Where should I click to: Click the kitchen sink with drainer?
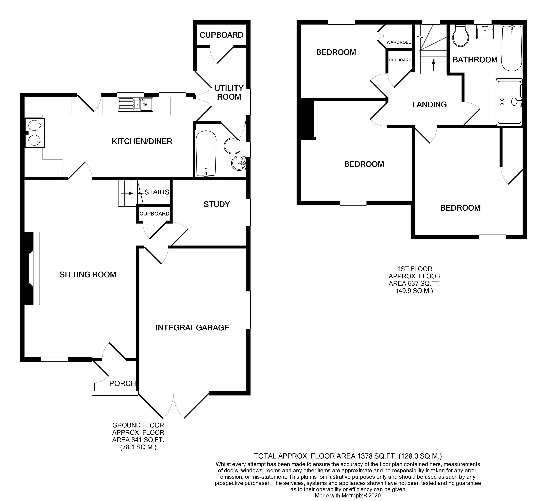coord(135,104)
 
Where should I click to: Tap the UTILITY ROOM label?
coord(229,92)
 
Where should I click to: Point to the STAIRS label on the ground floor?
coord(157,192)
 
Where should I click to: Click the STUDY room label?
coord(216,204)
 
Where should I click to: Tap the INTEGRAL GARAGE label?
coord(192,328)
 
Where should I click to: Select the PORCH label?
coord(122,383)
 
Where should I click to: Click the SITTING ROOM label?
coord(88,275)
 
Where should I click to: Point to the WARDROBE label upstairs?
coord(399,42)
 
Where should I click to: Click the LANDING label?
coord(429,105)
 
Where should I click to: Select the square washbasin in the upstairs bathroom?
coord(485,32)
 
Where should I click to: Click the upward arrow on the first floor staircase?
coord(433,65)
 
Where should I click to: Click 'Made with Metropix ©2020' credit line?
coord(347,496)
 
